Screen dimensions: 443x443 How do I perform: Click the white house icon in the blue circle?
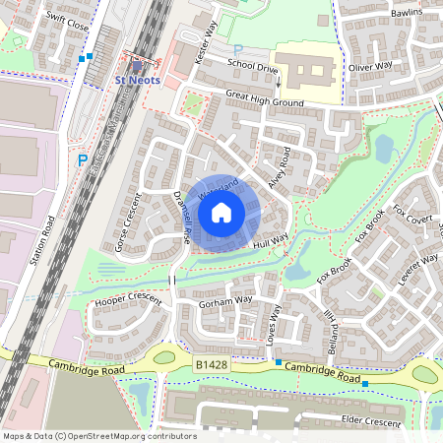point(221,211)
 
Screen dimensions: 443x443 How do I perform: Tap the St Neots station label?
point(135,79)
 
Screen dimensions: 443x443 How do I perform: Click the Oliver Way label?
point(370,66)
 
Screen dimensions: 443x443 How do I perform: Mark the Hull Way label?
point(269,241)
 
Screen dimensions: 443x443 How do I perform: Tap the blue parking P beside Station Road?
point(83,158)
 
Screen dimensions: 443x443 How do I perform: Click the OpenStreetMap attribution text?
point(98,436)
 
